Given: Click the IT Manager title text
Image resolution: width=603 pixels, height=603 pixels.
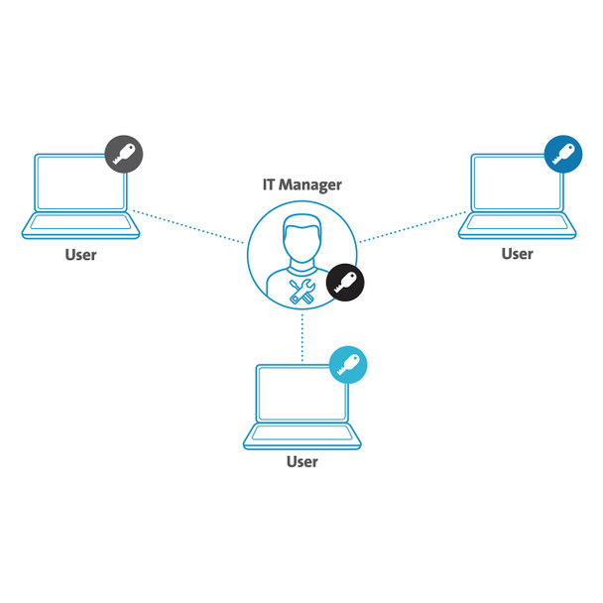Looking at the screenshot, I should click(301, 183).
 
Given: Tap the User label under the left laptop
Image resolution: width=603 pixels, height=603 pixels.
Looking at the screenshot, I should click(80, 255).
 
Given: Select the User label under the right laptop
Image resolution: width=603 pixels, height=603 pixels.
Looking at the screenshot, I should click(517, 254).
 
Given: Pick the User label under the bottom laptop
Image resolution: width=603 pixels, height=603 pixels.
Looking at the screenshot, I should click(302, 462).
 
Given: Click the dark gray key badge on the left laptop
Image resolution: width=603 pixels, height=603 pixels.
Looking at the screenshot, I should click(124, 154).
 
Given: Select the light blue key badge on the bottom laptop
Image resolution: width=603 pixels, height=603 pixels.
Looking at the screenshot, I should click(348, 364).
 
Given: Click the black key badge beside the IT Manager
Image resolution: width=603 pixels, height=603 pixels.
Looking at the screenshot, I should click(345, 282).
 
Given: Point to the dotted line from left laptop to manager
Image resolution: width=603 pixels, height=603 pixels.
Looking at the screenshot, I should click(188, 226).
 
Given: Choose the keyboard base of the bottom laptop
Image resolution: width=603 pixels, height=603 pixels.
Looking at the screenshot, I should click(301, 437).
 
